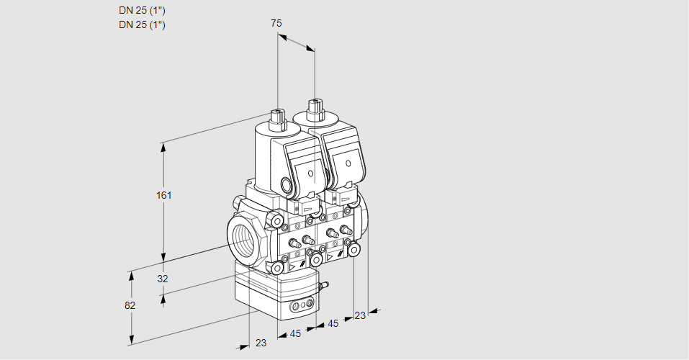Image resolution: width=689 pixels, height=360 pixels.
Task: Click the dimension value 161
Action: [166, 195]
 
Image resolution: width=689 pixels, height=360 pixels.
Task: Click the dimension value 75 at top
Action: [276, 23]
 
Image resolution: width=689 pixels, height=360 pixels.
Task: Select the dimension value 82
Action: [130, 305]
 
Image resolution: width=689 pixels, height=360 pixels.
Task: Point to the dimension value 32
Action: [163, 279]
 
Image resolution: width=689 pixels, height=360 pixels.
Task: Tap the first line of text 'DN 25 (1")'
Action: [142, 10]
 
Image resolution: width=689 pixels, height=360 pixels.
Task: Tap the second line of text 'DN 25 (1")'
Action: [142, 24]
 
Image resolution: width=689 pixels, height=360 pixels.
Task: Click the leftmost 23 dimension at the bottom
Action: [261, 343]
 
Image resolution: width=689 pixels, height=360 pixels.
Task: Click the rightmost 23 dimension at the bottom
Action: [360, 315]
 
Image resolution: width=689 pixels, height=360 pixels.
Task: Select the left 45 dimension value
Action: [295, 333]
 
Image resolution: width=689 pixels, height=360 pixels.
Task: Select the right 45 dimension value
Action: [333, 323]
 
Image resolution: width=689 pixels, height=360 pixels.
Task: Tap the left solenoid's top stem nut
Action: [277, 116]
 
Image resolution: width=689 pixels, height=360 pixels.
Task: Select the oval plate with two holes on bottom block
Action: [301, 307]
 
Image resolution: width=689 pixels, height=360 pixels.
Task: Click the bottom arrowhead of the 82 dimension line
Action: [132, 340]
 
